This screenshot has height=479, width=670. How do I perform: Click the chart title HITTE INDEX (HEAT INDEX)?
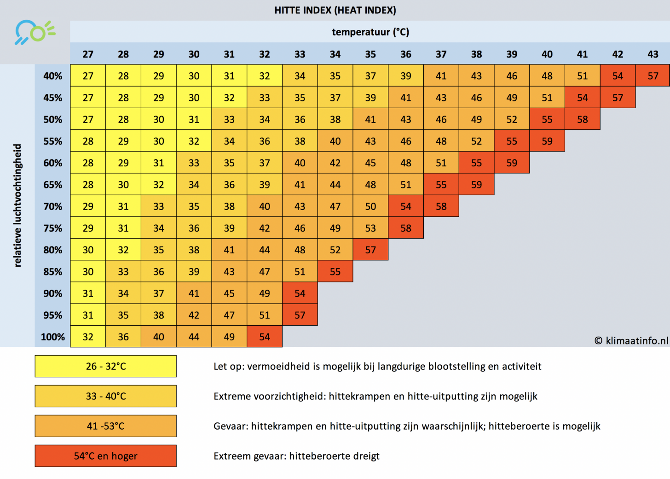[x=335, y=10]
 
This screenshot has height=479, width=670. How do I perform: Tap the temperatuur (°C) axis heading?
[x=370, y=32]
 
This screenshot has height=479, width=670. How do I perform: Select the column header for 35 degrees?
[x=370, y=54]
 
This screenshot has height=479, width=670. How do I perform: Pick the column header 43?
[x=653, y=54]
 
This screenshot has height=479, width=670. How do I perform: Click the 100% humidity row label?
[x=53, y=337]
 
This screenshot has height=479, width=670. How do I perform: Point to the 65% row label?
[x=53, y=185]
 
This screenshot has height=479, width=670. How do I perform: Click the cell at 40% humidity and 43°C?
[x=653, y=76]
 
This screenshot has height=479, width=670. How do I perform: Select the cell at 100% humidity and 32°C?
[x=265, y=337]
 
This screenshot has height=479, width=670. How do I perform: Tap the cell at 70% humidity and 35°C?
[x=370, y=206]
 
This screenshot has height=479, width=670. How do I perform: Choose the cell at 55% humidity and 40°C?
[x=547, y=141]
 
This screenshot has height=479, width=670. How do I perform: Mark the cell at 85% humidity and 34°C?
[x=335, y=272]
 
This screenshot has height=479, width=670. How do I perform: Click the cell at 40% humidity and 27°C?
[x=88, y=76]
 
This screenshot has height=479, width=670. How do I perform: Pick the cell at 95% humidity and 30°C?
[x=194, y=315]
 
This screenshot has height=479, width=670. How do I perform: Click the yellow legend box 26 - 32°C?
[x=106, y=366]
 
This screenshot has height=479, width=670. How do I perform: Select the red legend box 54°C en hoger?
[x=106, y=456]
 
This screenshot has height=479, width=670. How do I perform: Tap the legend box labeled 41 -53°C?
[x=106, y=426]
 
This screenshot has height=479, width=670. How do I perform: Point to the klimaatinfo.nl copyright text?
[x=631, y=340]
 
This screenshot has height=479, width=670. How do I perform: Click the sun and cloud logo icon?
[x=35, y=32]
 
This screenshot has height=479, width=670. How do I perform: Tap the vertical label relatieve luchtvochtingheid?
[x=17, y=205]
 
